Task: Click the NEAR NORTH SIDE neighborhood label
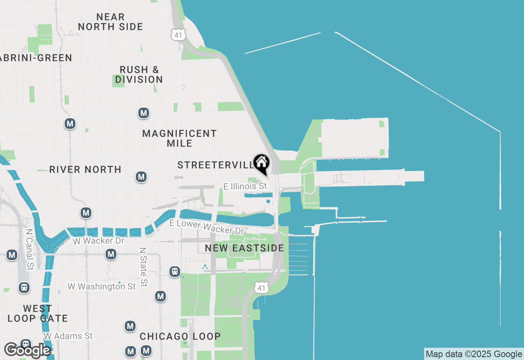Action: [x=111, y=22]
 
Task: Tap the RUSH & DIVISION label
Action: [x=139, y=74]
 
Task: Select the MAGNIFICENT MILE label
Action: [x=179, y=138]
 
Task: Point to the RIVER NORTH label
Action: [x=85, y=169]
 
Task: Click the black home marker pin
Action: [x=261, y=164]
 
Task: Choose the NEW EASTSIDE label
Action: [x=244, y=248]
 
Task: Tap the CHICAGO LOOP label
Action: [x=180, y=336]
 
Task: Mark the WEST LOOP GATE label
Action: [x=37, y=313]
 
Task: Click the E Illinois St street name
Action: [x=245, y=187]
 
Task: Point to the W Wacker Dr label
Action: [x=98, y=241]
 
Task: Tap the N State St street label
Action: [x=143, y=266]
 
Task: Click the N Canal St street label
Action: [x=29, y=249]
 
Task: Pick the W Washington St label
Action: [x=102, y=286]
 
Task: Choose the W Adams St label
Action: [x=68, y=336]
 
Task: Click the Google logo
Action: [x=27, y=350]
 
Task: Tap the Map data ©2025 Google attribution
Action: [x=474, y=354]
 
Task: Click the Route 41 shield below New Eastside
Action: [x=262, y=287]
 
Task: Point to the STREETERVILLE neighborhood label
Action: [x=215, y=165]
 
